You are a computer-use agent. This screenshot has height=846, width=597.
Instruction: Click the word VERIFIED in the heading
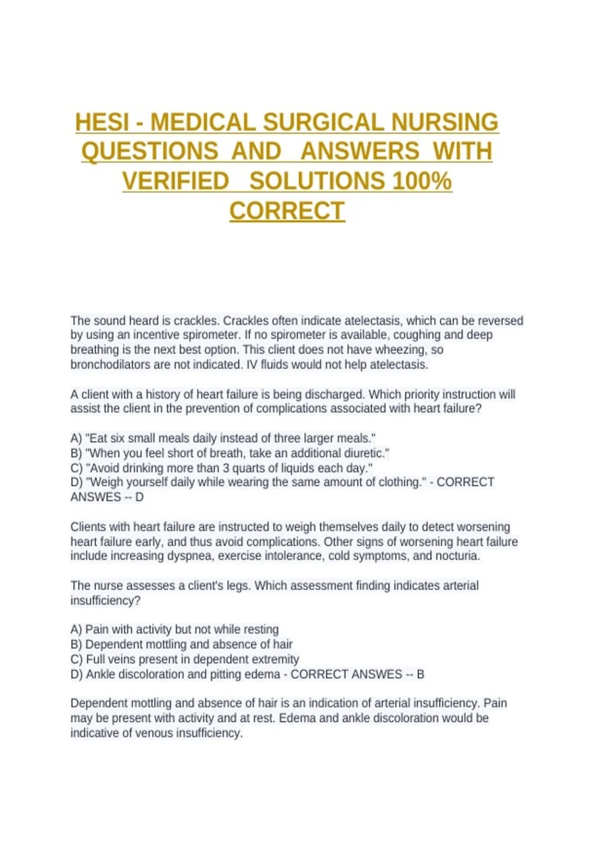176,181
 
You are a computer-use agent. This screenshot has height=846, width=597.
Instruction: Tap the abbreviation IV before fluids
252,365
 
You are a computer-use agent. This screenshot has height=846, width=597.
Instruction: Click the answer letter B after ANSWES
420,674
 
